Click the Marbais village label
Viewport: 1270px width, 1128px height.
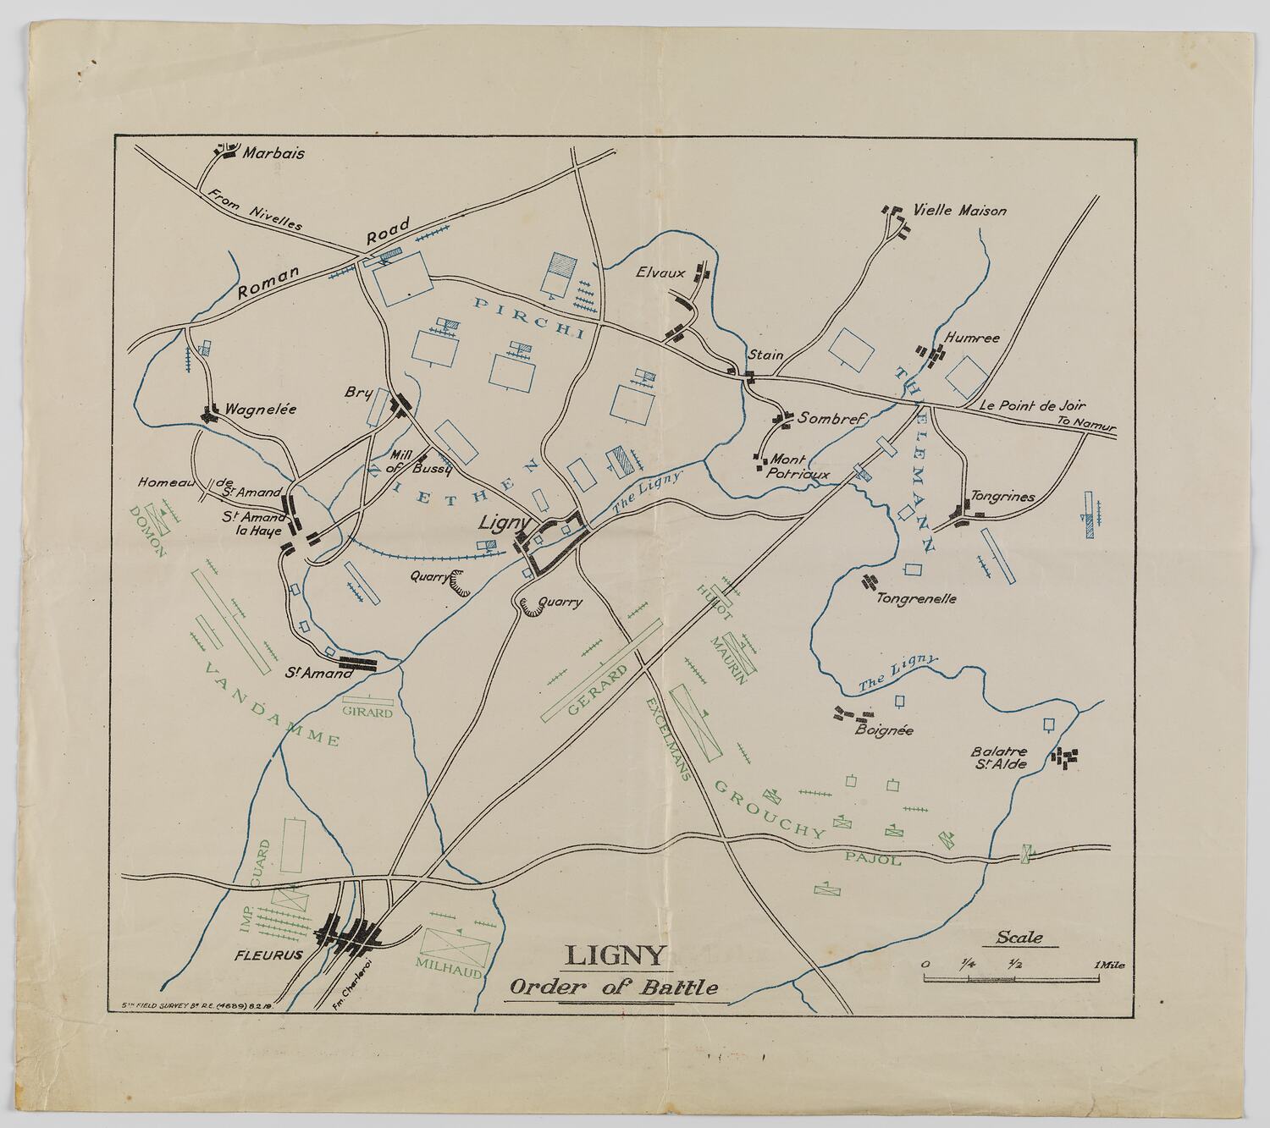click(273, 154)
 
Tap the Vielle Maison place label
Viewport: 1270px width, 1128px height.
click(960, 210)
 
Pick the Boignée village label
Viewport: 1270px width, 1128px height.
click(884, 730)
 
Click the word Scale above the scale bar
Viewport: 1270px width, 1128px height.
click(1019, 937)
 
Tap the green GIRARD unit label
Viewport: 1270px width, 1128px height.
click(367, 713)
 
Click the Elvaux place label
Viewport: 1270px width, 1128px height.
click(660, 272)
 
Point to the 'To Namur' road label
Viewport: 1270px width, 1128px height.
click(1086, 421)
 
